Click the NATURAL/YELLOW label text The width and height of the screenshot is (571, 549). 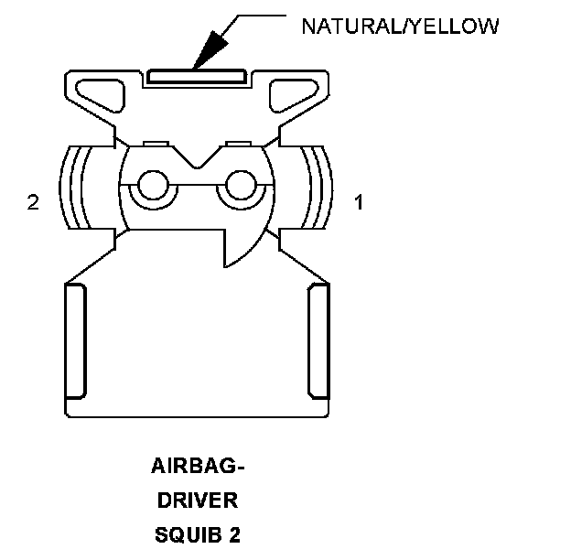[x=400, y=26]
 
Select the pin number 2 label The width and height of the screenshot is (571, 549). [x=33, y=203]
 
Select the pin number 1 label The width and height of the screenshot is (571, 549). [x=359, y=203]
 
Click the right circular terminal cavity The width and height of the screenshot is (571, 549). [x=241, y=187]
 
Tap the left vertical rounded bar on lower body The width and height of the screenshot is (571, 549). [x=75, y=340]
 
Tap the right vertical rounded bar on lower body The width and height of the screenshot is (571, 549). [x=319, y=340]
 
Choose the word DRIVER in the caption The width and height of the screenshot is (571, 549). [x=197, y=501]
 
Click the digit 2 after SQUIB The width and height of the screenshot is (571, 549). [x=235, y=534]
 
